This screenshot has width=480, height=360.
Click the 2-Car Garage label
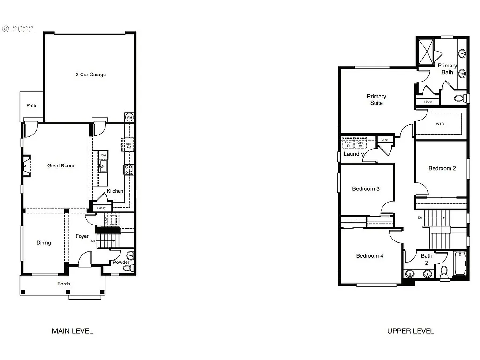click(x=90, y=75)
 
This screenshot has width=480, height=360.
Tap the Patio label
click(x=32, y=105)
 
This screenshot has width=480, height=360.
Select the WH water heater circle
click(x=129, y=117)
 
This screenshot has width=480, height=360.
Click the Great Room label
click(x=60, y=165)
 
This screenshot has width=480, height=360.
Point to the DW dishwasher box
click(x=104, y=155)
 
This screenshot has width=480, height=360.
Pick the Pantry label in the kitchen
click(x=102, y=208)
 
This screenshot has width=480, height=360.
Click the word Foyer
click(x=82, y=236)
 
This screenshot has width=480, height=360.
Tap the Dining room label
click(x=44, y=243)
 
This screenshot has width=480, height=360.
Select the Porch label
click(x=64, y=284)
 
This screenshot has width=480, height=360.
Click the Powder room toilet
click(x=130, y=268)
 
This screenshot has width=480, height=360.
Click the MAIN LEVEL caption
click(x=72, y=331)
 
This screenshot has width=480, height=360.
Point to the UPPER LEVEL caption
click(x=410, y=331)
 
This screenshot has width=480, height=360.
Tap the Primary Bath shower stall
click(x=426, y=51)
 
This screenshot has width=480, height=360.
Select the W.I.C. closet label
click(x=440, y=124)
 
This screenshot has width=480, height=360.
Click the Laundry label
click(x=354, y=154)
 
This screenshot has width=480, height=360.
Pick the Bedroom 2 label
click(x=442, y=168)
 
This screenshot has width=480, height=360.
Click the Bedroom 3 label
click(x=366, y=189)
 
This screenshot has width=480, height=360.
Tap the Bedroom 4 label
click(x=369, y=256)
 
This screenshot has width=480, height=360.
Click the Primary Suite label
click(x=376, y=99)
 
